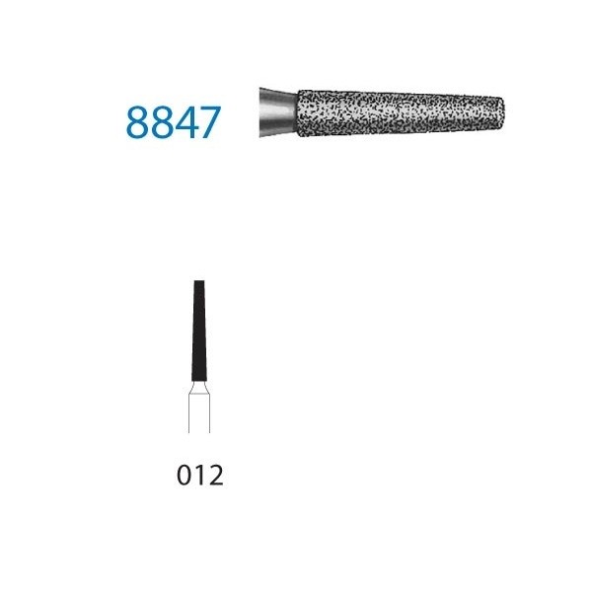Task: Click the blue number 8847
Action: click(x=174, y=122)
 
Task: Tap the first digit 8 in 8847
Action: click(x=137, y=122)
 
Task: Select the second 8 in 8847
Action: click(x=161, y=122)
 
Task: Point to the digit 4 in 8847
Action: click(x=185, y=122)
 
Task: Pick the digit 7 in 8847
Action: click(x=210, y=122)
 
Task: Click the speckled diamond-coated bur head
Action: click(x=401, y=112)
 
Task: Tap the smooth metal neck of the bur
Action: click(x=278, y=113)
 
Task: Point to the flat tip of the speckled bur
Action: click(x=503, y=112)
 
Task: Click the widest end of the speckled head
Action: click(x=299, y=113)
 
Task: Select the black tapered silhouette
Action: click(x=199, y=331)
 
